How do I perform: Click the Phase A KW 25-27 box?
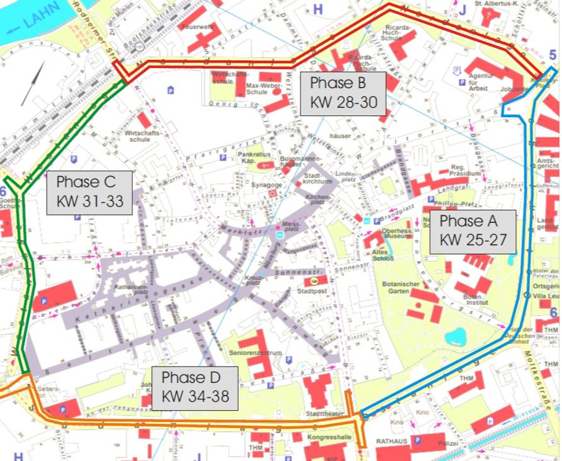473,230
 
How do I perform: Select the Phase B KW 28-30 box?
343,93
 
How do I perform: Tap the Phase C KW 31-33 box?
89,192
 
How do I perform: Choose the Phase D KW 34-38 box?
195,387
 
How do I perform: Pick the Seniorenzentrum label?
255,353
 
